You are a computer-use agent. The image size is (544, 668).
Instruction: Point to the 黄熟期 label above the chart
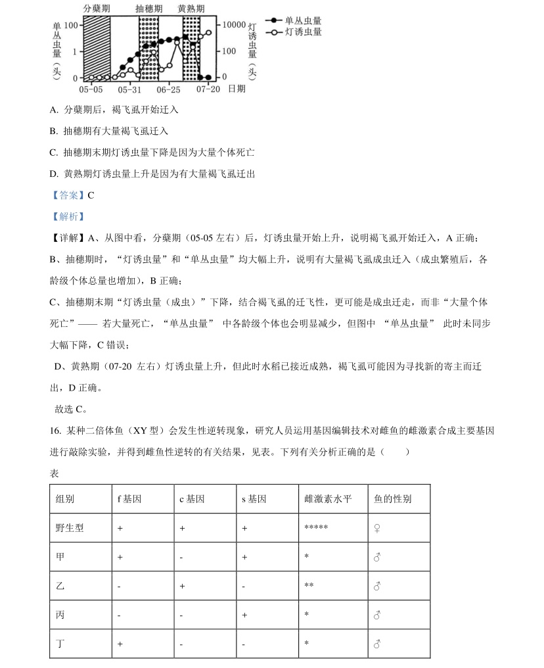click(x=191, y=9)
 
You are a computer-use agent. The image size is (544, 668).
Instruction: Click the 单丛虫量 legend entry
click(x=303, y=20)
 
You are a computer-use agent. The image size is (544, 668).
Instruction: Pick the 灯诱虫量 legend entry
click(x=303, y=32)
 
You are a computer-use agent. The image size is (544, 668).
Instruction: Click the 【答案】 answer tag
click(x=68, y=195)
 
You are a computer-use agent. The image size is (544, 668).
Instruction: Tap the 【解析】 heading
click(x=68, y=216)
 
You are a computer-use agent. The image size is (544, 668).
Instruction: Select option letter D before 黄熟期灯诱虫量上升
click(x=53, y=174)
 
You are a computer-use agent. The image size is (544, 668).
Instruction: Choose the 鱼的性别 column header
click(x=390, y=499)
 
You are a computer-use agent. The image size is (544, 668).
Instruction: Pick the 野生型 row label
click(x=70, y=527)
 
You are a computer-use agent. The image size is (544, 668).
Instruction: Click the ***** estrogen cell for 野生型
click(x=316, y=528)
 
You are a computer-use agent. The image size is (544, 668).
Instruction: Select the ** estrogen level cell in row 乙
click(x=309, y=586)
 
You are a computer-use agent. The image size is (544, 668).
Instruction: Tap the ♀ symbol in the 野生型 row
click(x=377, y=528)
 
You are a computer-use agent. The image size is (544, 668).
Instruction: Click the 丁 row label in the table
click(x=60, y=644)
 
